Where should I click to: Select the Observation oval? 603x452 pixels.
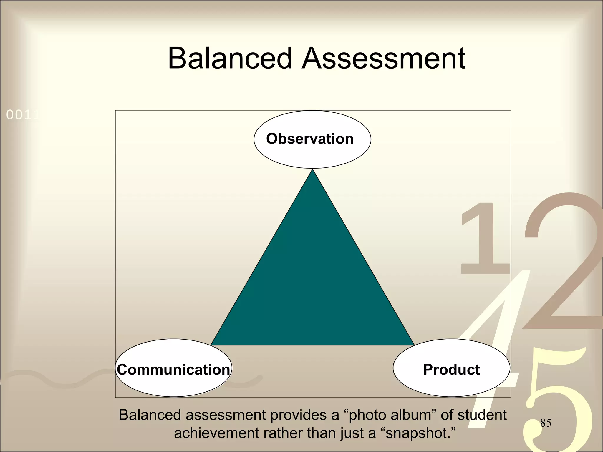312,139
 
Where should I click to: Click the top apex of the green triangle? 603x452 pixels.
313,171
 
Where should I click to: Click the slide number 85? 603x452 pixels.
546,423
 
